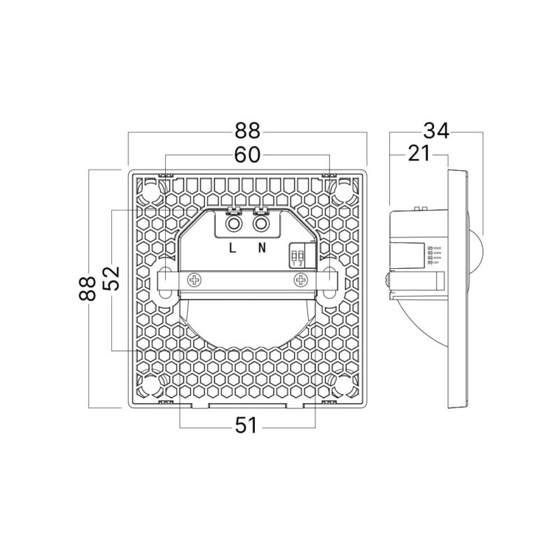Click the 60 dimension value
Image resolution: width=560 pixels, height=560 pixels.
point(248,155)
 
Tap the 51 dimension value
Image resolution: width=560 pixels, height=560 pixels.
point(247,424)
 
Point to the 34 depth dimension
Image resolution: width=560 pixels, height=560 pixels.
point(435,130)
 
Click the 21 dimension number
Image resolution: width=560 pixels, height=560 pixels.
point(418,155)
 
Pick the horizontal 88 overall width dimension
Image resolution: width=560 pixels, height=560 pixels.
point(248,130)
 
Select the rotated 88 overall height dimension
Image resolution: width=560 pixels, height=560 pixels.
point(87,288)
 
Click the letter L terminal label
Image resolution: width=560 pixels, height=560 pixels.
point(233,248)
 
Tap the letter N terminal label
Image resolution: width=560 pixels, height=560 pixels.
point(262,248)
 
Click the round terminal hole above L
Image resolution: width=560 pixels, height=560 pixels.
point(233,223)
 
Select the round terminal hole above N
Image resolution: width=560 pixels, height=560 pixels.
point(262,223)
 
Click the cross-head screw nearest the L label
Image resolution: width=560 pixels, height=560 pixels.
point(193,280)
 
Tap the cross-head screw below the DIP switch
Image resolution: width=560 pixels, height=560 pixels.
point(301,280)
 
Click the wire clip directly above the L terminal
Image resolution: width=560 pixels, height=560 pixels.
point(233,209)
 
